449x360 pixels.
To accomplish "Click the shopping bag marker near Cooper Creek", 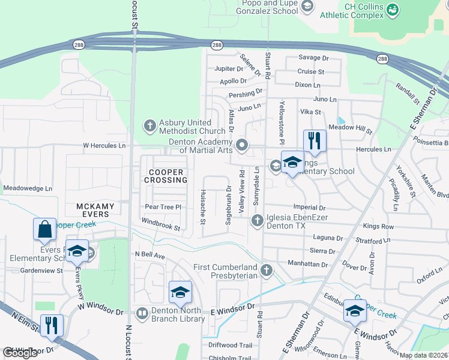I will pyautogui.click(x=44, y=229).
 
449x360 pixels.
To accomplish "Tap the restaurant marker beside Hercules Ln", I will pyautogui.click(x=315, y=141).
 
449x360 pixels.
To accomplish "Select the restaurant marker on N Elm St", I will pyautogui.click(x=52, y=325).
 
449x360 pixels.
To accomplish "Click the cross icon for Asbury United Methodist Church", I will pyautogui.click(x=149, y=127).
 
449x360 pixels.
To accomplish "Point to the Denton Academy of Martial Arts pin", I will pyautogui.click(x=242, y=145).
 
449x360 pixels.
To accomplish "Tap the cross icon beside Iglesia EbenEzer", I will pyautogui.click(x=257, y=221).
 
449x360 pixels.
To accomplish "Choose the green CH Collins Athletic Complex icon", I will pyautogui.click(x=393, y=10).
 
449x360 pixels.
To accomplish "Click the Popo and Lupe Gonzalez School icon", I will pyautogui.click(x=307, y=7).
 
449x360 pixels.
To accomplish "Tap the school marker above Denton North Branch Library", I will pyautogui.click(x=180, y=292).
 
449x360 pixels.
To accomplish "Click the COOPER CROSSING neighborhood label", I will pyautogui.click(x=164, y=175).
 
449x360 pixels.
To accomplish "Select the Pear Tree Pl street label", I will pyautogui.click(x=163, y=207).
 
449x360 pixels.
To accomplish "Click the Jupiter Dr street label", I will pyautogui.click(x=226, y=69).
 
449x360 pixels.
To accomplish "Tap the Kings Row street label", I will pyautogui.click(x=379, y=227).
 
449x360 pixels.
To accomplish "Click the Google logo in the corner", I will pyautogui.click(x=20, y=353).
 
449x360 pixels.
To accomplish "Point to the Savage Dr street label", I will pyautogui.click(x=314, y=58).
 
